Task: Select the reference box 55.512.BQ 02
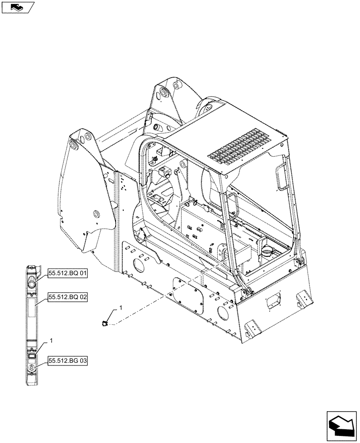click(x=67, y=298)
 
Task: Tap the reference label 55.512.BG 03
click(x=67, y=361)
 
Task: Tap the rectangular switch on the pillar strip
click(x=31, y=355)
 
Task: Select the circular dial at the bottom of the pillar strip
click(x=31, y=367)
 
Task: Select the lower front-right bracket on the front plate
click(x=250, y=329)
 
